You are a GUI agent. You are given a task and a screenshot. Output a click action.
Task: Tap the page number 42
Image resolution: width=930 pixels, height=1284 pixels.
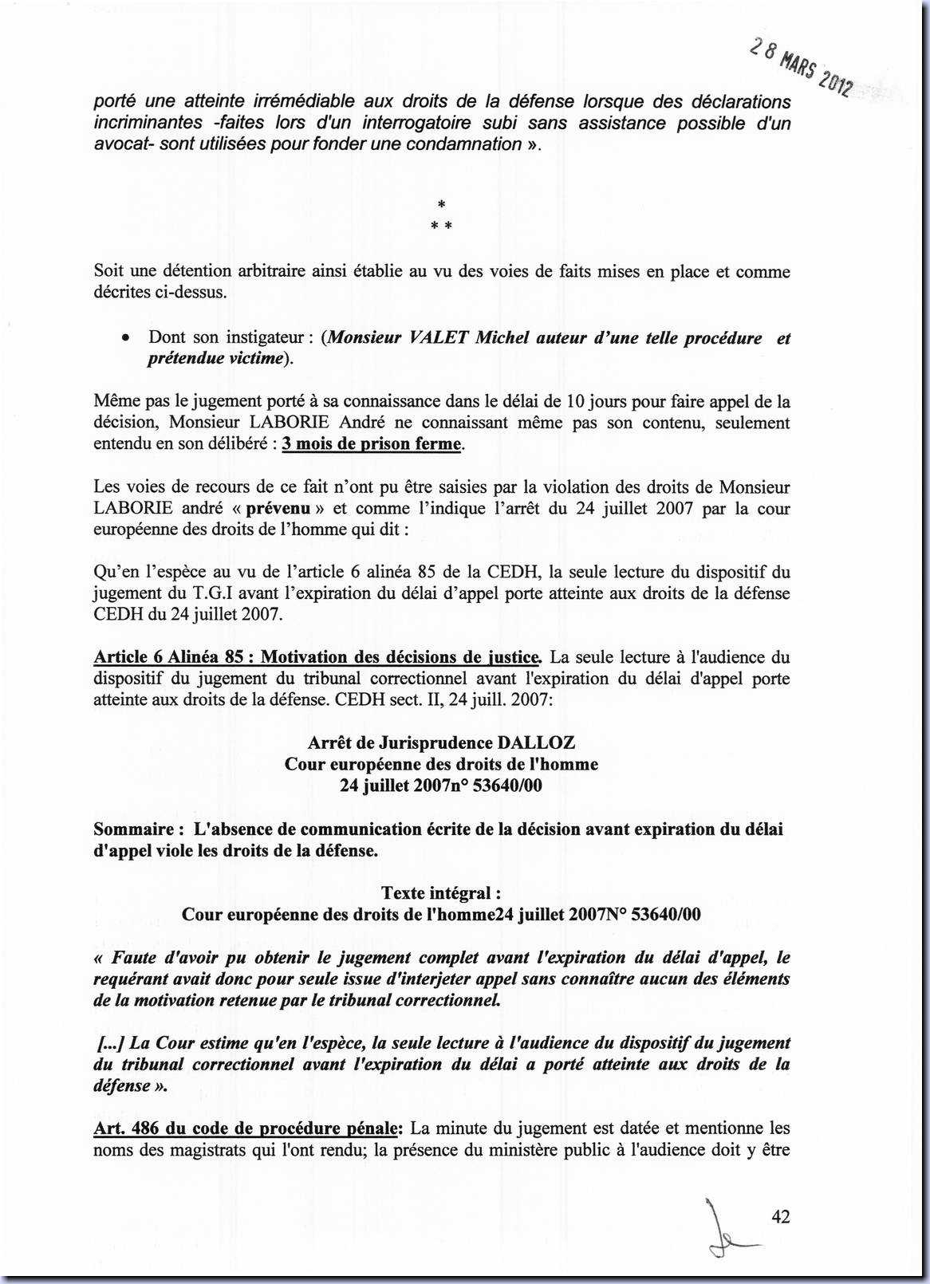(x=781, y=1216)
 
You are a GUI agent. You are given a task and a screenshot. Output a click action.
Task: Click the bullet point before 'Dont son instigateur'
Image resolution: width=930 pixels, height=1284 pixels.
(x=126, y=338)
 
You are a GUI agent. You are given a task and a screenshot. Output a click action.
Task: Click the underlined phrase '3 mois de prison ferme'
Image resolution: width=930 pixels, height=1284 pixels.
(x=372, y=443)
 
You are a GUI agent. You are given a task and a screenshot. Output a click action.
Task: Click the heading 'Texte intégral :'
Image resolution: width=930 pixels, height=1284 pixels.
(x=441, y=892)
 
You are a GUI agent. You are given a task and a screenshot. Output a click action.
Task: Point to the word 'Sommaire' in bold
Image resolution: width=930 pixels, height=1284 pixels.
(x=133, y=829)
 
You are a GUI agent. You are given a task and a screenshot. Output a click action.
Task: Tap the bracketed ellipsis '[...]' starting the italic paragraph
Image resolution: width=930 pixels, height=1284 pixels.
(x=111, y=1042)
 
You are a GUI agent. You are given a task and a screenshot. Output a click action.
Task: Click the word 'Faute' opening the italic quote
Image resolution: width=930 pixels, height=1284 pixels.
(x=134, y=957)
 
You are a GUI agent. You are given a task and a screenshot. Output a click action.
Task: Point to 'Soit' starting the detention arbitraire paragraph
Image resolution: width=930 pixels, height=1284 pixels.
(x=108, y=271)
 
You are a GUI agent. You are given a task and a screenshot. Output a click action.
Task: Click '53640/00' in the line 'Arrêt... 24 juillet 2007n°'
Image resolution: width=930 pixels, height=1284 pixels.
(x=507, y=786)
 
